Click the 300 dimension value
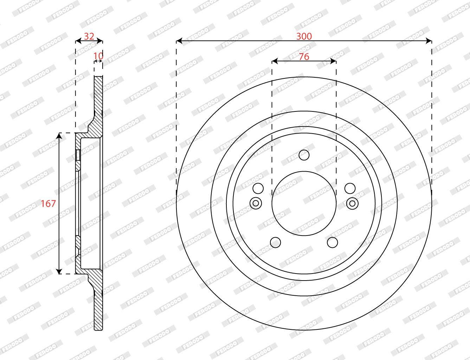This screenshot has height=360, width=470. click(x=304, y=36)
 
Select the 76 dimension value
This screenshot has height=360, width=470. click(x=304, y=57)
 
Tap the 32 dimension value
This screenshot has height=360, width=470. click(x=89, y=36)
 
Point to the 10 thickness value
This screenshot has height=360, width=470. click(x=98, y=56)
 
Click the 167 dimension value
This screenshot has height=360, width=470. click(x=48, y=204)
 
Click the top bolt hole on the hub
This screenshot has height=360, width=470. click(x=304, y=155)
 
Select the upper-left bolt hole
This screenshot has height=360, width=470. click(x=258, y=188)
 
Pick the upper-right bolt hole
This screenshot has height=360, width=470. click(x=350, y=188)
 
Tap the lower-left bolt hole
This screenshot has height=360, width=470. click(x=275, y=242)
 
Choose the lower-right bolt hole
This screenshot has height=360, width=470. click(x=333, y=242)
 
